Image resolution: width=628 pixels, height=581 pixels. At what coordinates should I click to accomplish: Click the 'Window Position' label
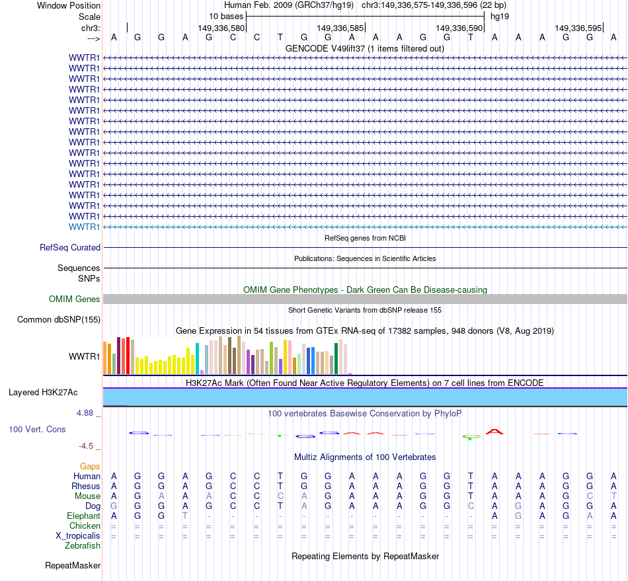tap(69, 5)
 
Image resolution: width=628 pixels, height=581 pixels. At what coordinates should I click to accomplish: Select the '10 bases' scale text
tap(226, 16)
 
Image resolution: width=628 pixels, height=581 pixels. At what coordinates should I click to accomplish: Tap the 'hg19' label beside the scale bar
tap(499, 16)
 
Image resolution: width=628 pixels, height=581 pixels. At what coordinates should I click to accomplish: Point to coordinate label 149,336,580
tap(221, 28)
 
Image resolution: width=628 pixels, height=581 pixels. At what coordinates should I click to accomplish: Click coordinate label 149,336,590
tap(459, 28)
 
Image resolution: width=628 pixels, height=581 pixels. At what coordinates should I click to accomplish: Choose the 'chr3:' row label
tap(91, 28)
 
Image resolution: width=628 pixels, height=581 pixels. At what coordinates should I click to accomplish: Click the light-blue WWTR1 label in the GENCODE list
tap(85, 227)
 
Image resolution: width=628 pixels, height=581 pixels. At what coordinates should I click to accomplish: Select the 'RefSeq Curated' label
tap(70, 247)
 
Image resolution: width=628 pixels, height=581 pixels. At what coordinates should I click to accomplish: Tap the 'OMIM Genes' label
tap(75, 299)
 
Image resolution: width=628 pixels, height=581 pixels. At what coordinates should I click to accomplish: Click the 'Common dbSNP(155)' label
tap(58, 320)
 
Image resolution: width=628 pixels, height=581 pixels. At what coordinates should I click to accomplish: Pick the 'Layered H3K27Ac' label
tap(43, 393)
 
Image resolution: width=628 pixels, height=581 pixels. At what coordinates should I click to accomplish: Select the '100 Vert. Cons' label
tap(37, 430)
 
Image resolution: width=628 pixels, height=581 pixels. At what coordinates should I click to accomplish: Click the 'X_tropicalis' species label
tap(78, 535)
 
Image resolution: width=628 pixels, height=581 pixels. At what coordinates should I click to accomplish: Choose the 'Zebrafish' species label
tap(83, 545)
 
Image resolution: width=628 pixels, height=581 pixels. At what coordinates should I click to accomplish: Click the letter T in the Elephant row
tap(185, 516)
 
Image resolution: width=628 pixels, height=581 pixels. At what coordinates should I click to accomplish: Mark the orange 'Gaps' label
tap(90, 466)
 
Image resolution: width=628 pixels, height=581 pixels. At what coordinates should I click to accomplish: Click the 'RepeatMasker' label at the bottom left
tap(73, 565)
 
